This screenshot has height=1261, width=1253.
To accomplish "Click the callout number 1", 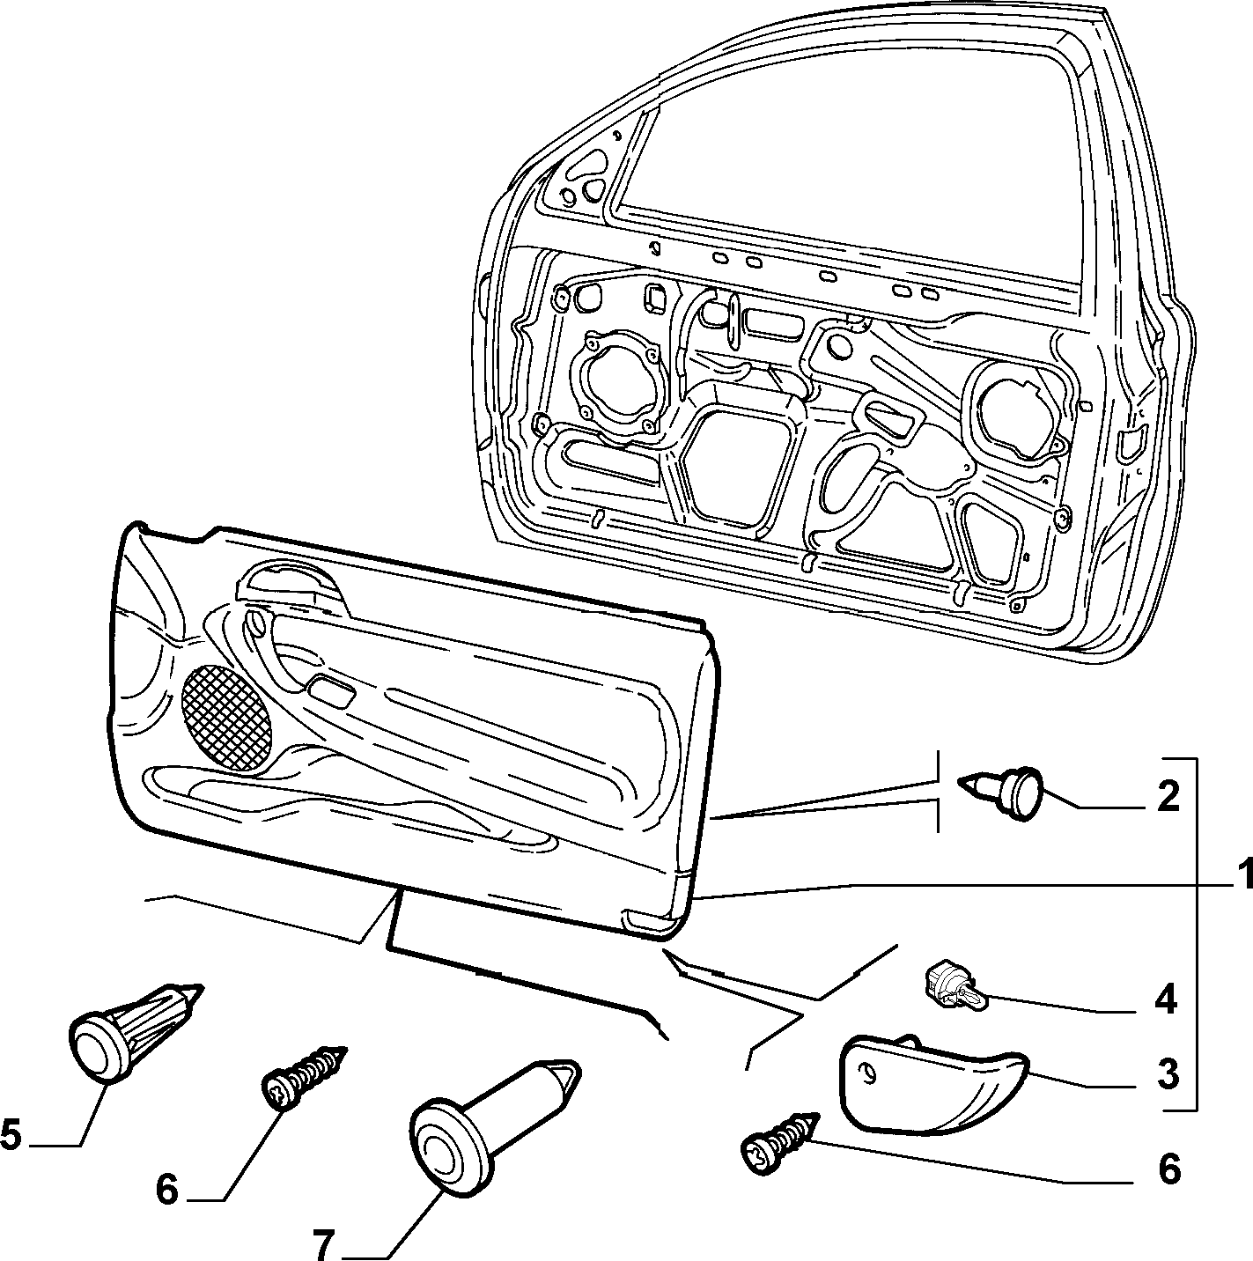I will [1242, 876].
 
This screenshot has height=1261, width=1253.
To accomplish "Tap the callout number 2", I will [1168, 797].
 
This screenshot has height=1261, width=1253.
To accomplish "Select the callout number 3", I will [1168, 1075].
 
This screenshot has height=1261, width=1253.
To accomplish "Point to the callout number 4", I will [1165, 999].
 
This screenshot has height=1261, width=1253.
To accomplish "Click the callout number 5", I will [11, 1134].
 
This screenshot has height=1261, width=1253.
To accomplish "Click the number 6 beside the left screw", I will [166, 1190].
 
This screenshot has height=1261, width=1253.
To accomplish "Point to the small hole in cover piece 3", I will [868, 1072].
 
